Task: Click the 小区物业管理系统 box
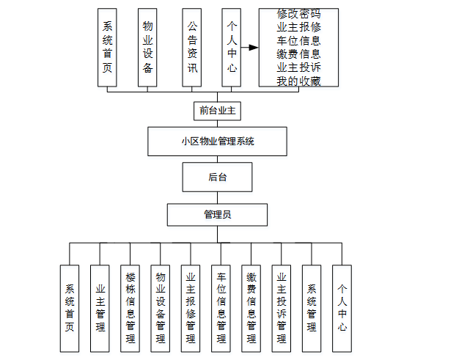pyautogui.click(x=217, y=142)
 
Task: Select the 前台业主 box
pyautogui.click(x=217, y=111)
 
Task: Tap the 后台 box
pyautogui.click(x=217, y=177)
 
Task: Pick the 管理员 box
pyautogui.click(x=217, y=215)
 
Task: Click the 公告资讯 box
pyautogui.click(x=191, y=48)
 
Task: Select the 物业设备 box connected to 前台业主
pyautogui.click(x=147, y=48)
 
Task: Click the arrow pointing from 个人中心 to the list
pyautogui.click(x=250, y=48)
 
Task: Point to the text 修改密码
pyautogui.click(x=298, y=15)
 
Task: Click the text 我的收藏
pyautogui.click(x=298, y=81)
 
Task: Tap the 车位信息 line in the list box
pyautogui.click(x=298, y=41)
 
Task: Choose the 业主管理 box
pyautogui.click(x=100, y=308)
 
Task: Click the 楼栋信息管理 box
pyautogui.click(x=130, y=308)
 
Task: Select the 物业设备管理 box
pyautogui.click(x=161, y=308)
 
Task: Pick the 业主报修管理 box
pyautogui.click(x=191, y=308)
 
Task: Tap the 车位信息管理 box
pyautogui.click(x=221, y=308)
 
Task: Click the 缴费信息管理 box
pyautogui.click(x=251, y=308)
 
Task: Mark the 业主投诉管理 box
pyautogui.click(x=282, y=308)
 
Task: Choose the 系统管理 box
pyautogui.click(x=312, y=308)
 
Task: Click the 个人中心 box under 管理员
pyautogui.click(x=342, y=308)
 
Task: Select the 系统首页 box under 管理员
pyautogui.click(x=70, y=308)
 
